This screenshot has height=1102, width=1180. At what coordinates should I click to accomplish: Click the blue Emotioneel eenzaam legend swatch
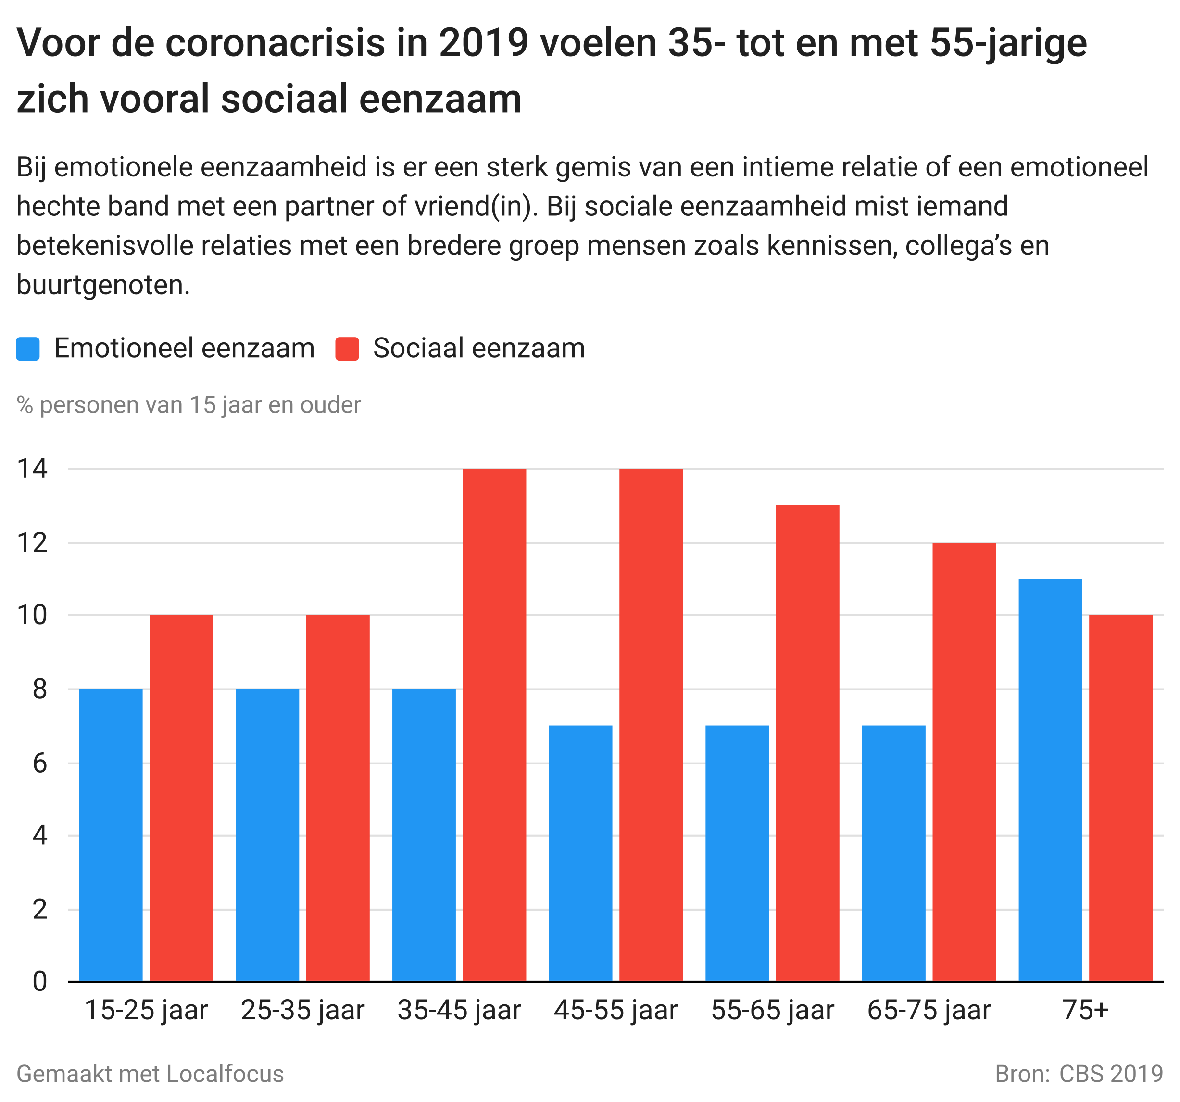(28, 349)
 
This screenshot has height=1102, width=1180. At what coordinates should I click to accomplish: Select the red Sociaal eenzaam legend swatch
(347, 349)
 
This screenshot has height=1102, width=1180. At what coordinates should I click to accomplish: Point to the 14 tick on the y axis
(32, 469)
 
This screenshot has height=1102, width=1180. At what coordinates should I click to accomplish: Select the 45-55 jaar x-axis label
(615, 1011)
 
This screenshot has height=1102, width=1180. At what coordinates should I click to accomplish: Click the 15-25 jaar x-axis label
(146, 1011)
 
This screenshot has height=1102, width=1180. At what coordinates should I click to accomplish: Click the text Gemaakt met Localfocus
(150, 1074)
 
